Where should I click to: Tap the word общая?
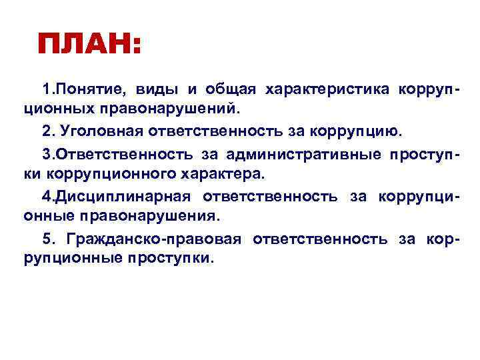pyautogui.click(x=229, y=89)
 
